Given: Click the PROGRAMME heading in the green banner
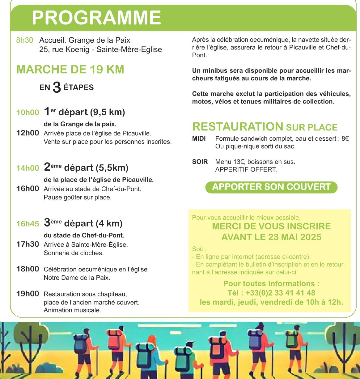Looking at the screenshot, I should point(96,18).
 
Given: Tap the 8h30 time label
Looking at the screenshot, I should point(24,40).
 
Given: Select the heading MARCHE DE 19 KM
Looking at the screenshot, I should point(70,70).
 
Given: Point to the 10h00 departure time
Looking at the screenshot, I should point(28,113).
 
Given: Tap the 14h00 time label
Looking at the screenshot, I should point(28,168).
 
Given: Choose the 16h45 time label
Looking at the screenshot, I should point(28,224).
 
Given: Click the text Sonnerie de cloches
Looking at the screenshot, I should point(74,253).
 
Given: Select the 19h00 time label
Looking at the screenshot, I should point(28,294).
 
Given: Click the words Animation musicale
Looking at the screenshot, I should point(72,310).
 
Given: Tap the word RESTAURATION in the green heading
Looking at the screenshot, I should point(238,127).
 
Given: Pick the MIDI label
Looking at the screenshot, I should point(199,138).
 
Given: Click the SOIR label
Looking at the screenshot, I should point(200,162).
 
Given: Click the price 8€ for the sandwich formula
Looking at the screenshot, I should point(345,138).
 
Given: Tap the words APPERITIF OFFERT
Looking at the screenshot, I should point(246,169).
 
